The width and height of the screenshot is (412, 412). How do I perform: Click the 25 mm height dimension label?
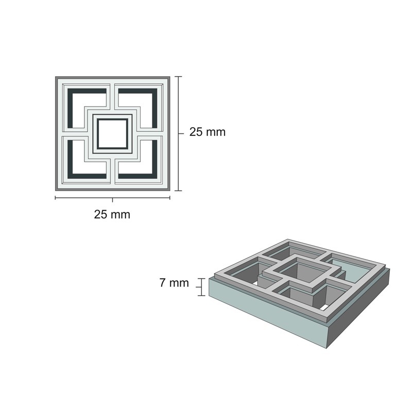coord(208,132)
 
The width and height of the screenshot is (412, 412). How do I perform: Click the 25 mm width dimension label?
coord(112,214)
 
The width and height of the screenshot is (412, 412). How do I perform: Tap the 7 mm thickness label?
coord(174,283)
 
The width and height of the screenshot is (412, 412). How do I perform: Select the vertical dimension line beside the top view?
coord(178,133)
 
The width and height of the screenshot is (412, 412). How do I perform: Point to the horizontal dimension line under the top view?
coord(112,198)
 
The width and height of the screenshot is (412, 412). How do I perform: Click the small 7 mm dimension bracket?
coord(202,287)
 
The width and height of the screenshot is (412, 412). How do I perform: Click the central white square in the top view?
coord(112,133)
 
